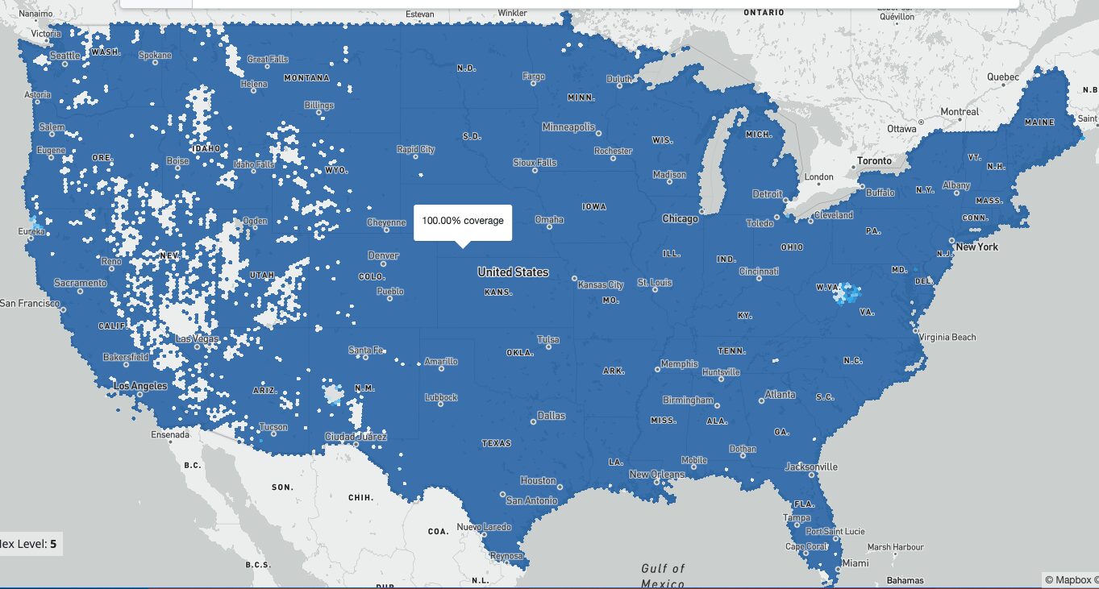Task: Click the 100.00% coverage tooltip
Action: click(463, 221)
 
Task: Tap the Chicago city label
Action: click(680, 219)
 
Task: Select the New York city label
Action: click(976, 247)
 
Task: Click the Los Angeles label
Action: click(140, 386)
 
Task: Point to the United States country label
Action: click(513, 272)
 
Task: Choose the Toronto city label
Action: click(874, 161)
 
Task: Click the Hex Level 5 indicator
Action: click(29, 544)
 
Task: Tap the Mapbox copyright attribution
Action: click(1071, 579)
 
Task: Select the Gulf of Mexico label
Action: click(663, 575)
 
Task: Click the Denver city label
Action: click(383, 255)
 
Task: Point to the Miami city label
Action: click(855, 563)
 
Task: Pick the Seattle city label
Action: click(65, 56)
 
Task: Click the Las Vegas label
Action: click(197, 339)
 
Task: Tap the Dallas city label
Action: click(551, 416)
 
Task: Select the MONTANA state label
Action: click(306, 78)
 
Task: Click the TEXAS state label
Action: click(496, 443)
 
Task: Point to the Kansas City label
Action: click(601, 284)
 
